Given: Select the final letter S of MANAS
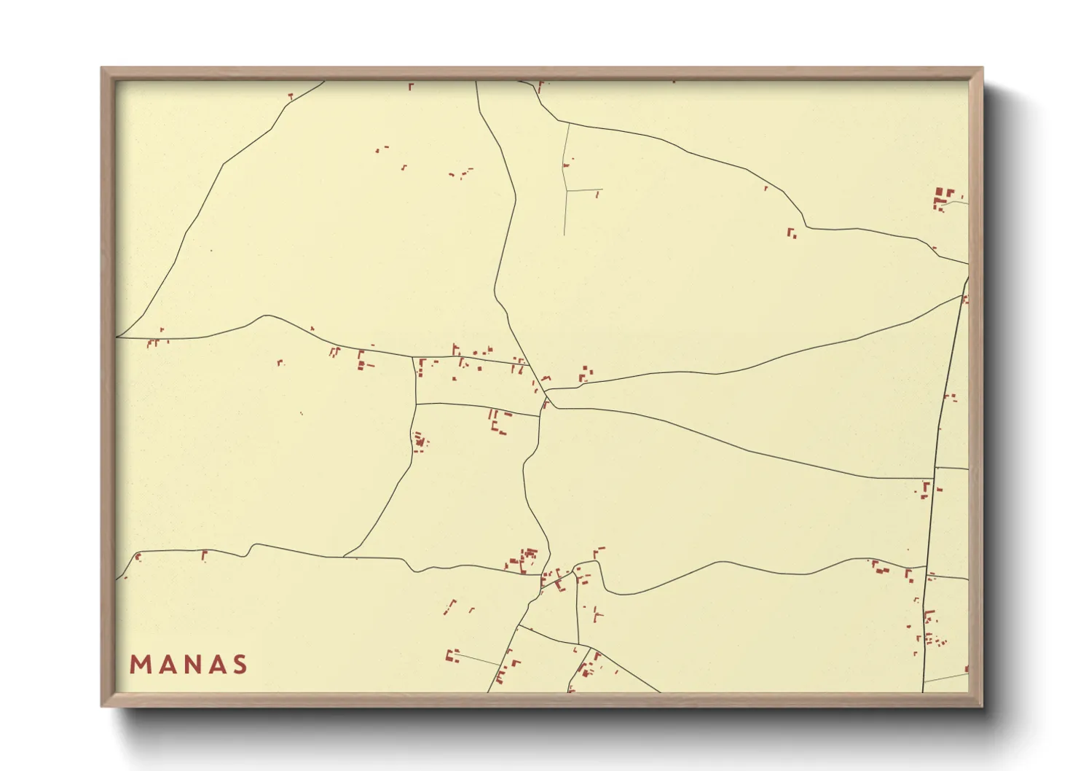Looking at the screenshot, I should [x=240, y=665].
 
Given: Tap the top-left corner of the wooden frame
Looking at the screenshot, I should [x=102, y=69].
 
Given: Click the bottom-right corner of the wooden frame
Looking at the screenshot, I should [x=982, y=705].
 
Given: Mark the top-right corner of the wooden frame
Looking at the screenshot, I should [x=982, y=69].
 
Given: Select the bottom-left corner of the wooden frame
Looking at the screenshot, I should [x=102, y=705].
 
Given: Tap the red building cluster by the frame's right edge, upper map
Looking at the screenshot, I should [x=944, y=197].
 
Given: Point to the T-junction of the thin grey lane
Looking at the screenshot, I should [x=567, y=190].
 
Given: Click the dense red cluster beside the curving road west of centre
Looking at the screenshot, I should [x=420, y=441].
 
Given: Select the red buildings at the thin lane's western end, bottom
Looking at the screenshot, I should [x=452, y=656].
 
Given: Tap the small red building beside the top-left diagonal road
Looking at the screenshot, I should [x=291, y=95].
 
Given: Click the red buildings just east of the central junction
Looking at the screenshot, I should [x=585, y=375].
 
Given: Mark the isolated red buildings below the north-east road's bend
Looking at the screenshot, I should [x=791, y=233].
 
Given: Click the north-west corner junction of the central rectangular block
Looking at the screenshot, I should [x=414, y=358].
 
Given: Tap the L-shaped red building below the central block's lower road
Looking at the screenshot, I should [x=497, y=424].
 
